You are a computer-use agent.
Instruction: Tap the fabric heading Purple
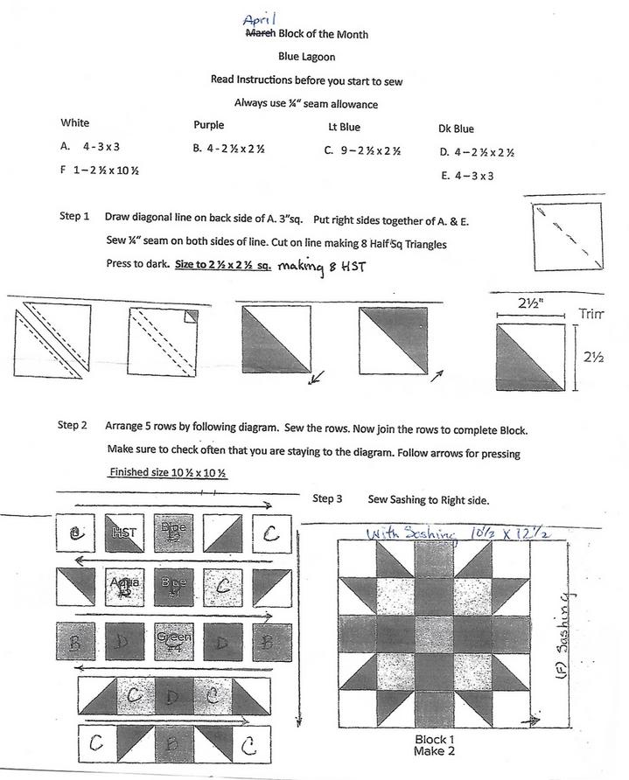click(x=208, y=125)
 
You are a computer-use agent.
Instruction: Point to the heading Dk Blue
click(x=457, y=129)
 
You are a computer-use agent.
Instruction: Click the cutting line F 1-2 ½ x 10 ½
click(x=100, y=170)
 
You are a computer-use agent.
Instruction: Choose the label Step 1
click(x=74, y=216)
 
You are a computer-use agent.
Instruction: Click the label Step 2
click(x=73, y=426)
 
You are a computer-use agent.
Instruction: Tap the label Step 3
click(x=327, y=498)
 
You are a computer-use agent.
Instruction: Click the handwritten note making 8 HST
click(x=319, y=267)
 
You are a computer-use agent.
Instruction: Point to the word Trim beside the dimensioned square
click(x=591, y=314)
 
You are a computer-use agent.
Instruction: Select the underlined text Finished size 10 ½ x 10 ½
click(x=168, y=472)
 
